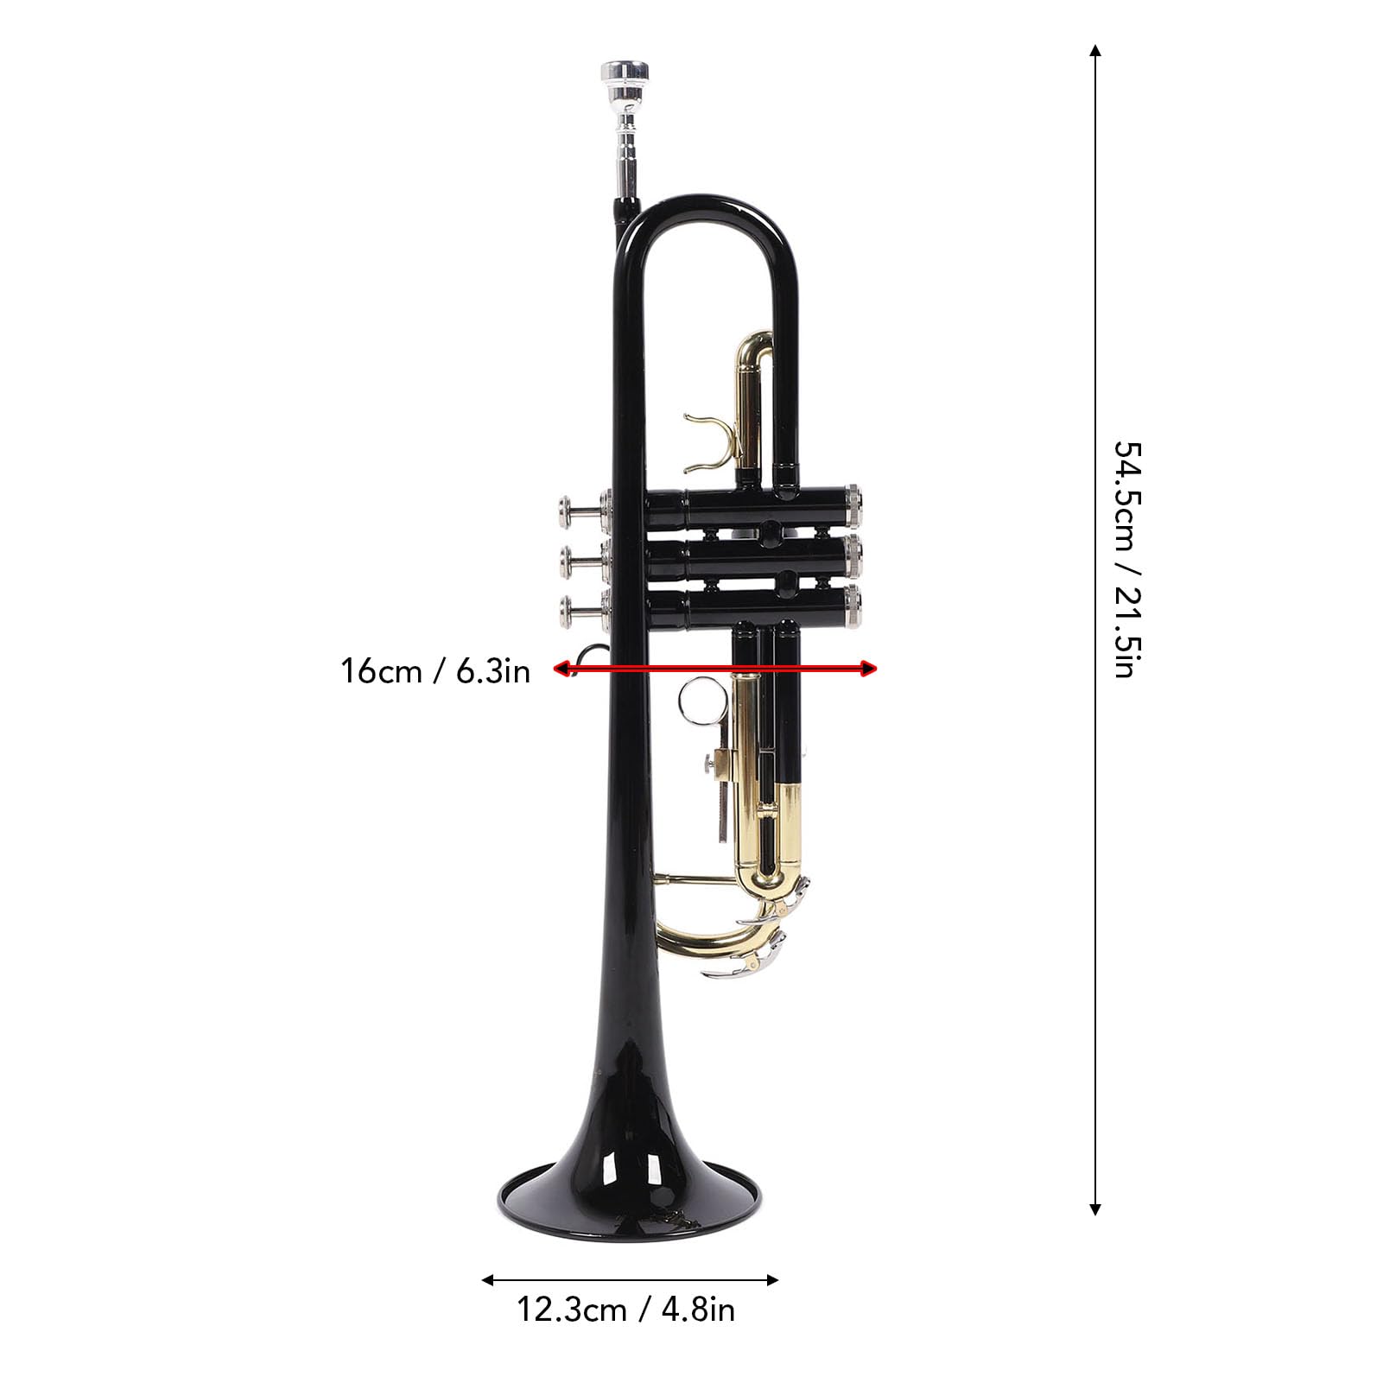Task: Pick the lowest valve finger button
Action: (x=571, y=610)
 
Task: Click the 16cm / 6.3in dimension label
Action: (x=435, y=670)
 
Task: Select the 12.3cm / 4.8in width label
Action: (x=626, y=1310)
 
